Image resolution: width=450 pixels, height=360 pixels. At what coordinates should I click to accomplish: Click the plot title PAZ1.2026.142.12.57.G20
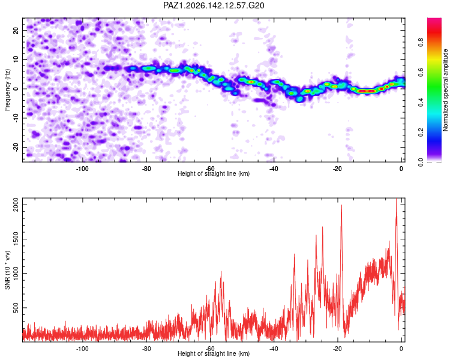(214, 5)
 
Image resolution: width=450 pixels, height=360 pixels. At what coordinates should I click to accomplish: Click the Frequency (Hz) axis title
(7, 90)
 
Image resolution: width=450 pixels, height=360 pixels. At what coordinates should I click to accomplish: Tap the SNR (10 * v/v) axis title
(7, 270)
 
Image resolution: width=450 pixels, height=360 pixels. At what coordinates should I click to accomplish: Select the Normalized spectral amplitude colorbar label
(445, 90)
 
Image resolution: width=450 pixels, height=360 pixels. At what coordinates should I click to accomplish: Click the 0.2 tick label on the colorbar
(421, 133)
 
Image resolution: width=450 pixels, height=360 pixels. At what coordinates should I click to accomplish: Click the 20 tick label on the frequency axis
(16, 31)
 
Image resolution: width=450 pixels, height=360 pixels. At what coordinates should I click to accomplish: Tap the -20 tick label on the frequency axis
(16, 147)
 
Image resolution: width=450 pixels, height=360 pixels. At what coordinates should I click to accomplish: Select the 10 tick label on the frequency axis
(16, 60)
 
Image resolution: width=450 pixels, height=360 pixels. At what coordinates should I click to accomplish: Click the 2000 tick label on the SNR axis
(16, 205)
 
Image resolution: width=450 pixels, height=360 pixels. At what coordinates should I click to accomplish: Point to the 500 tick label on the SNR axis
(16, 308)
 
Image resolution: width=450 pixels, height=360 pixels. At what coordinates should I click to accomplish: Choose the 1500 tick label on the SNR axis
(16, 239)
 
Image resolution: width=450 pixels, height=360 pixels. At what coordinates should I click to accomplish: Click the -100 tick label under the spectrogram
(82, 169)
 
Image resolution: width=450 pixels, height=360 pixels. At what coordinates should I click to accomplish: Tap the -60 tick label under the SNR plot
(210, 349)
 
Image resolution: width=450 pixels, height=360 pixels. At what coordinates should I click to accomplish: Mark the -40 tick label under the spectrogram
(274, 169)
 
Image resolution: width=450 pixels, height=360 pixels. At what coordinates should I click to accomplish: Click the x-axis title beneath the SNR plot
(214, 353)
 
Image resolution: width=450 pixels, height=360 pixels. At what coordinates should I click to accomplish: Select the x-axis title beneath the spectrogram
(214, 173)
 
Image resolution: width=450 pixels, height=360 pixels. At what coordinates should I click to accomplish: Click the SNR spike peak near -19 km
(341, 205)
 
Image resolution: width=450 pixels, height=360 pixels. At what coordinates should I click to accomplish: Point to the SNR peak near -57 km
(221, 271)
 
